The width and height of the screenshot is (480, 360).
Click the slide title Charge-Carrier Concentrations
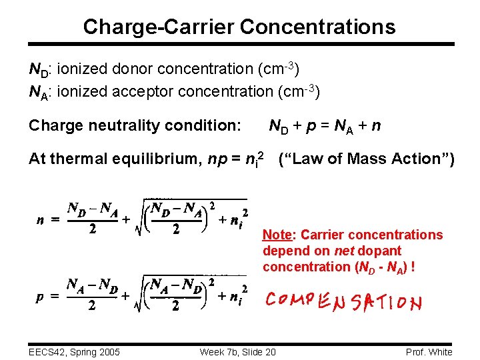(x=239, y=27)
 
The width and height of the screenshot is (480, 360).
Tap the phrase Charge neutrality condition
(x=135, y=125)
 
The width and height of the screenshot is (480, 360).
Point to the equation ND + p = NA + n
(x=325, y=125)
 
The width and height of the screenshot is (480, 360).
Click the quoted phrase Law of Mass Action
(x=366, y=159)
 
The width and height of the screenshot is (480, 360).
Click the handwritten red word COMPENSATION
(x=344, y=302)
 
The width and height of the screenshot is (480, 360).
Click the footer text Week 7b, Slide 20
(x=238, y=351)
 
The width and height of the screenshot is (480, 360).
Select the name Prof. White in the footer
(x=428, y=351)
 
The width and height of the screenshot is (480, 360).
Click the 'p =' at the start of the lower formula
(x=45, y=298)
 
